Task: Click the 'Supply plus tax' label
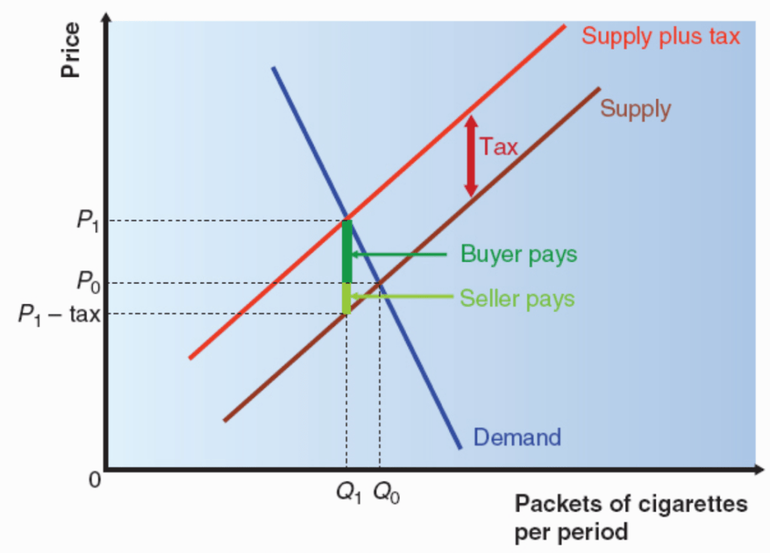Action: click(x=660, y=37)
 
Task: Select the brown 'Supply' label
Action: click(x=635, y=108)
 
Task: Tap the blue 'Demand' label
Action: click(x=517, y=437)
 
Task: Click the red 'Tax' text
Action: click(x=499, y=147)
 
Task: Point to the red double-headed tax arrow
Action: click(x=471, y=156)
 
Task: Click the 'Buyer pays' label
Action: click(x=519, y=255)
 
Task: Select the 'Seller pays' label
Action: click(x=517, y=298)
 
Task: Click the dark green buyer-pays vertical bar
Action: click(x=347, y=252)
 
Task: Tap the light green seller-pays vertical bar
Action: click(x=347, y=298)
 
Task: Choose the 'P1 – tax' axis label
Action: click(x=59, y=314)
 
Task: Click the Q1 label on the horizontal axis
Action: click(x=349, y=492)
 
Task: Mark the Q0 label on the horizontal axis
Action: click(x=387, y=492)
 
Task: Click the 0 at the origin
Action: click(x=95, y=479)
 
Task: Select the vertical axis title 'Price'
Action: click(x=70, y=50)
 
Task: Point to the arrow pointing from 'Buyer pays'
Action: click(x=399, y=254)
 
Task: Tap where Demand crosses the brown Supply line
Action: click(x=379, y=283)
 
